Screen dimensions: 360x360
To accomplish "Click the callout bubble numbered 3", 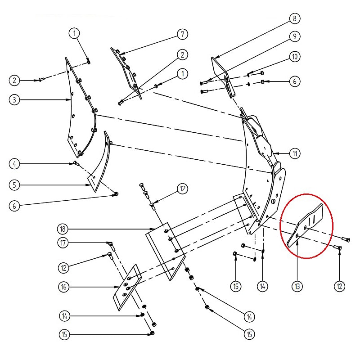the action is click(14, 100).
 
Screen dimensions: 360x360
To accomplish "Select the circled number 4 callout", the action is click(14, 164).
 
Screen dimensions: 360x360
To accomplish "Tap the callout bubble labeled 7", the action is click(183, 34).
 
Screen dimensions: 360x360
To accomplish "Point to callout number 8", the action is click(295, 18).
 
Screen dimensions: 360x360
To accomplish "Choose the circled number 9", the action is click(295, 36).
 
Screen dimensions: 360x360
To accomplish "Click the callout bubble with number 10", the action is click(295, 57).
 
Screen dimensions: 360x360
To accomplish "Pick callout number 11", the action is click(295, 153).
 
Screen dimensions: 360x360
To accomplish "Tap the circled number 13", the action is click(297, 286).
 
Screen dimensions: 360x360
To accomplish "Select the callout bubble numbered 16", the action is click(63, 287).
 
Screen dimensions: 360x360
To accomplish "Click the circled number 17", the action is click(63, 243).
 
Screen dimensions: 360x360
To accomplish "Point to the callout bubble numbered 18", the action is click(63, 229).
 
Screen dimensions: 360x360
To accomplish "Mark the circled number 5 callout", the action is click(14, 185).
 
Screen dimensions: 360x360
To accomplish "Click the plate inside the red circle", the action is click(306, 225).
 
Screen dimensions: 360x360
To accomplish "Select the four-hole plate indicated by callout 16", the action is click(128, 287).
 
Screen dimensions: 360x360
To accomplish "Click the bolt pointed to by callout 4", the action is click(76, 163).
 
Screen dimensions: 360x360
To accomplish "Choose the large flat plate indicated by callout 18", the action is click(165, 252).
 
